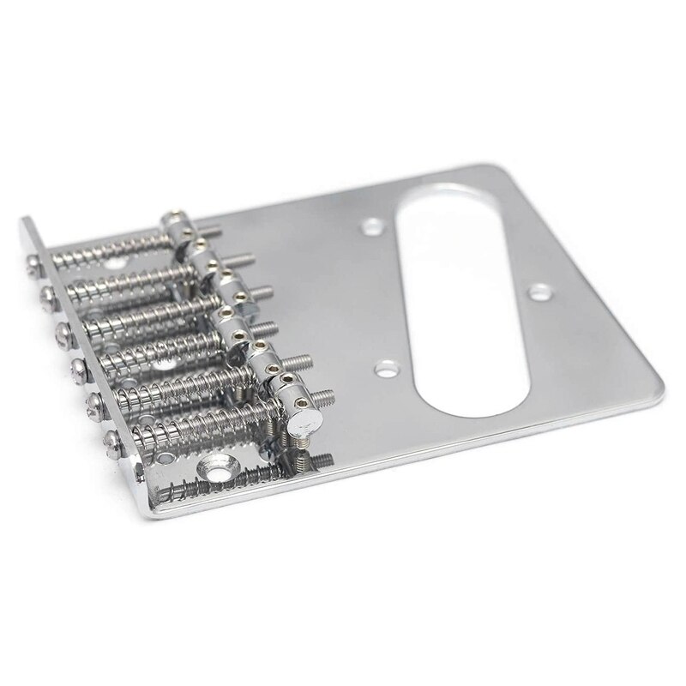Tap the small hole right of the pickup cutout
coord(539,292)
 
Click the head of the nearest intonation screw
coord(112,442)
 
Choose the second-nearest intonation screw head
coord(96,404)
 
